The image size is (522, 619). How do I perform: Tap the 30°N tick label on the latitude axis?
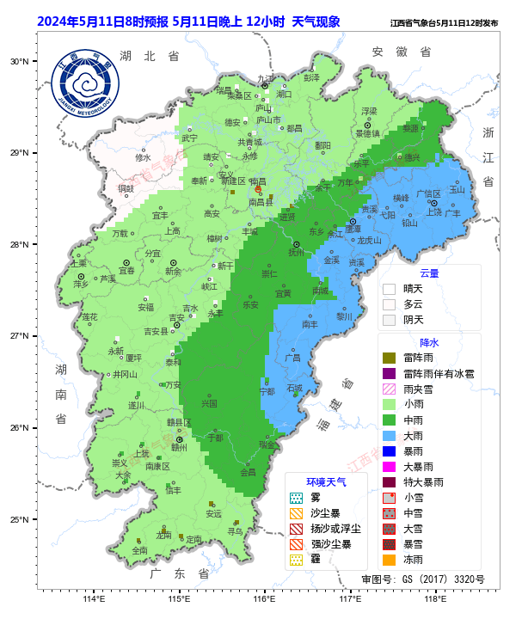click(18, 61)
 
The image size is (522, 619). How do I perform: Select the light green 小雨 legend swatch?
click(389, 404)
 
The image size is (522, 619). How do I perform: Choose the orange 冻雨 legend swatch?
click(389, 559)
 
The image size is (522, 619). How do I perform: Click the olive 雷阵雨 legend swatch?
click(389, 358)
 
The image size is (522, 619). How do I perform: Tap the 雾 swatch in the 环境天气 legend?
click(296, 497)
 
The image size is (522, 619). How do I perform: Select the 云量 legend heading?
click(428, 273)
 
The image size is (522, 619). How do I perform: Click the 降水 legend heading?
click(428, 341)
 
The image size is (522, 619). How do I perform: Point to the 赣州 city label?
click(179, 447)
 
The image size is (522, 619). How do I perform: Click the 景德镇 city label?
click(367, 133)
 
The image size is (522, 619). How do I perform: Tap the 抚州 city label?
click(296, 253)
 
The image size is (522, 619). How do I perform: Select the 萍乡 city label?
click(81, 283)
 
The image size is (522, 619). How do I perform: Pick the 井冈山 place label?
click(125, 374)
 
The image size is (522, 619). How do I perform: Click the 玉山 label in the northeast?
click(457, 189)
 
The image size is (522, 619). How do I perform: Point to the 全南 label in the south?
click(139, 550)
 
